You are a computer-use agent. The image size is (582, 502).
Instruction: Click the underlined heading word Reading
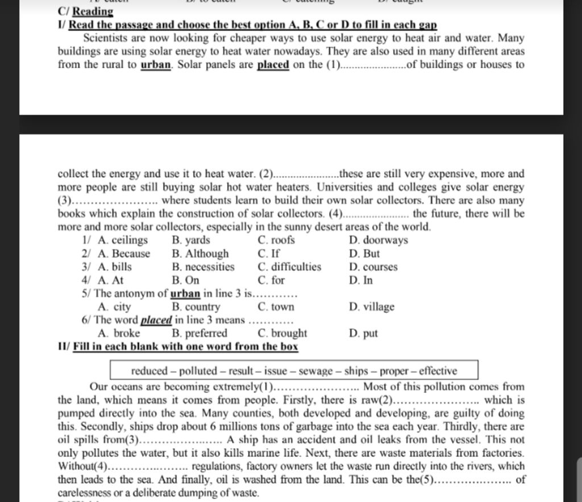click(x=93, y=11)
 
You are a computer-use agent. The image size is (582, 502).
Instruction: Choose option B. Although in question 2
click(x=200, y=254)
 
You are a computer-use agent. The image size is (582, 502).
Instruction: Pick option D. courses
click(x=373, y=267)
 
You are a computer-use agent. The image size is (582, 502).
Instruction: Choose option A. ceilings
click(x=122, y=240)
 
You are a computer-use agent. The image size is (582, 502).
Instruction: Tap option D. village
click(x=371, y=307)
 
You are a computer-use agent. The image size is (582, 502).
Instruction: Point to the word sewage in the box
click(x=316, y=371)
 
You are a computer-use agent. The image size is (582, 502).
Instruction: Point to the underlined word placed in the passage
click(x=273, y=64)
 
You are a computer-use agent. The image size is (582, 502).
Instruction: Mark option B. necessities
click(x=203, y=267)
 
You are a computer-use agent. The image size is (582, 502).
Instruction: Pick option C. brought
click(x=282, y=333)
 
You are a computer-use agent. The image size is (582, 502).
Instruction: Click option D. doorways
click(x=379, y=240)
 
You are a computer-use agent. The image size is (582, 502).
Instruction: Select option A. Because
click(x=124, y=254)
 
